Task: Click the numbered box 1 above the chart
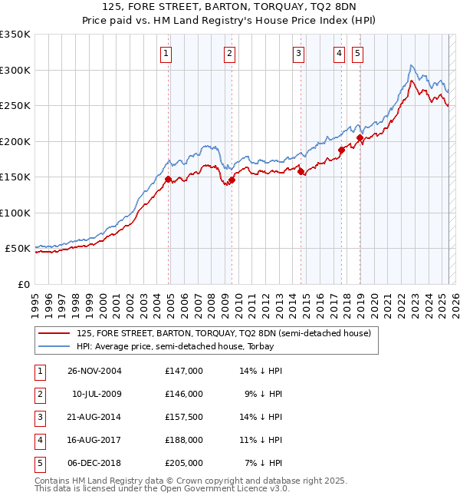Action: [166, 53]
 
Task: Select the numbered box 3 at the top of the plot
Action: [298, 53]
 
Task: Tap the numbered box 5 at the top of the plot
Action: [358, 53]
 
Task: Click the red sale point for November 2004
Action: [169, 179]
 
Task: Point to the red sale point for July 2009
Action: [231, 180]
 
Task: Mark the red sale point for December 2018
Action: [360, 138]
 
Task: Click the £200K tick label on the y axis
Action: [15, 141]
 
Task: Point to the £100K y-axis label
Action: [15, 213]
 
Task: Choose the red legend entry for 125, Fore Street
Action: [223, 333]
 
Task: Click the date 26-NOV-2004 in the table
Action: [94, 371]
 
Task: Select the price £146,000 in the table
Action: [184, 394]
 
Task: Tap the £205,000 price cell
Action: [184, 463]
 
